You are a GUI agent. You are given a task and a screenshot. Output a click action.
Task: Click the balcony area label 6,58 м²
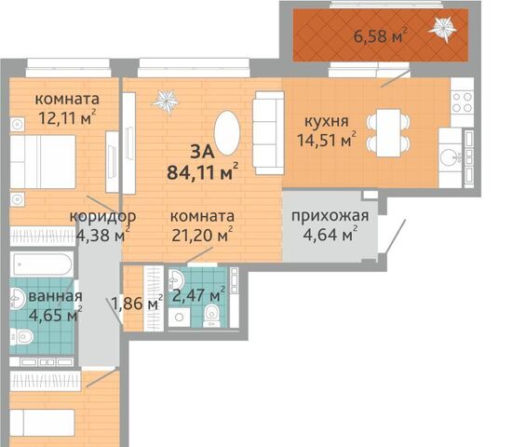381,35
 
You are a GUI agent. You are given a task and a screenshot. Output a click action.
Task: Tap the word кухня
327,121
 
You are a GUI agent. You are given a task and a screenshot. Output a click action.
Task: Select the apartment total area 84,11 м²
203,172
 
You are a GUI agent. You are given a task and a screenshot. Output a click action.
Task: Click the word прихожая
330,216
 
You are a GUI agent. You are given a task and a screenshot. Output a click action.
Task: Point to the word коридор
102,217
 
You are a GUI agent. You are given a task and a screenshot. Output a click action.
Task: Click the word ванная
55,296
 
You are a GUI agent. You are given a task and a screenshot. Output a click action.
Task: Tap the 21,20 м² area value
202,235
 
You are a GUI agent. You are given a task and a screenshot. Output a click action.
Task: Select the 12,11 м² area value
67,117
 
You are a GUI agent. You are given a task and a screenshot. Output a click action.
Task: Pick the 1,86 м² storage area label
137,304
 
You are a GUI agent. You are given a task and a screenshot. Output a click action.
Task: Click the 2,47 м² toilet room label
198,295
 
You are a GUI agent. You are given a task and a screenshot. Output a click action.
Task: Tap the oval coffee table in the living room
227,133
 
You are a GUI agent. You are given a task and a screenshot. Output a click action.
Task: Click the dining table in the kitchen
388,132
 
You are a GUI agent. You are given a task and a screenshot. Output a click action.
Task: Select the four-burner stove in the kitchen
463,102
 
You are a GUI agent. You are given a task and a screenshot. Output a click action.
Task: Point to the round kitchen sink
449,157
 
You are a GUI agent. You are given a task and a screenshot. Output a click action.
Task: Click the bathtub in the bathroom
42,264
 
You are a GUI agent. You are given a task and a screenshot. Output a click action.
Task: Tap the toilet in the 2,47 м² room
212,315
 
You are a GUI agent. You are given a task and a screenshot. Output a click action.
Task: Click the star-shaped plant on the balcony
442,29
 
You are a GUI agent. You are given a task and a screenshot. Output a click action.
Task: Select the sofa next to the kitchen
268,132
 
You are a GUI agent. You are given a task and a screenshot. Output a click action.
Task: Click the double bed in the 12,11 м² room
43,161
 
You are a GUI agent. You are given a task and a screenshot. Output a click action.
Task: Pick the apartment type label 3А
202,152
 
